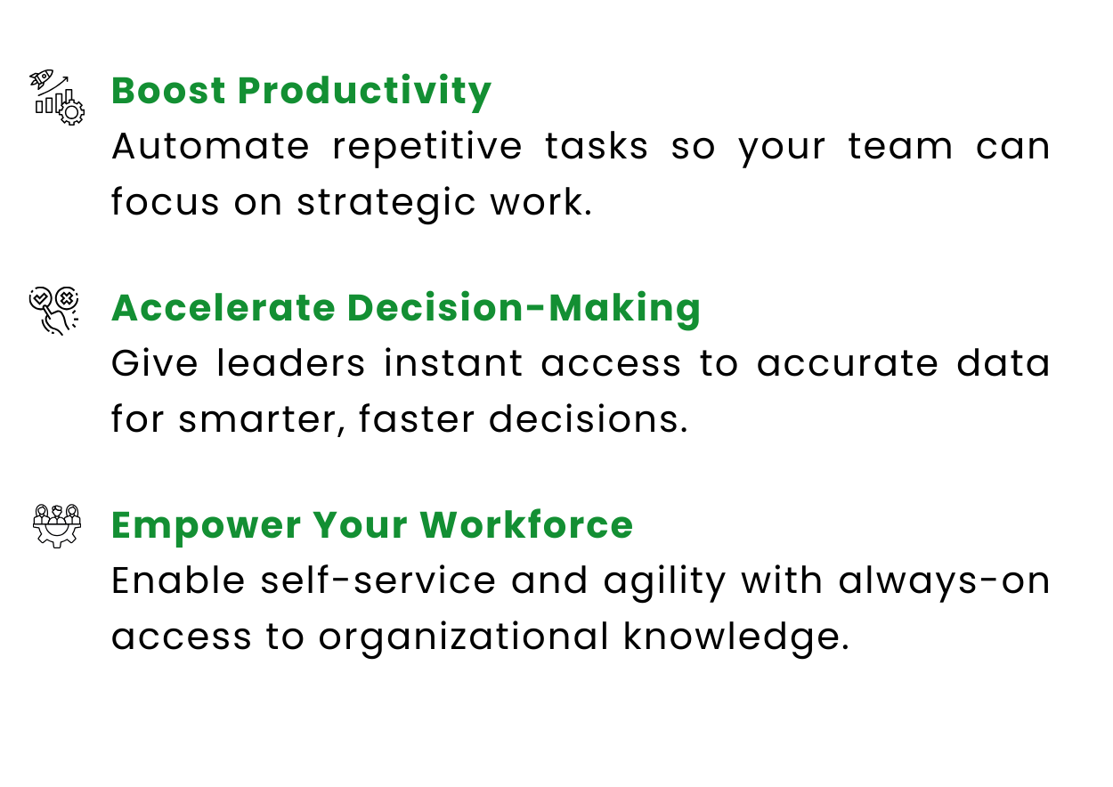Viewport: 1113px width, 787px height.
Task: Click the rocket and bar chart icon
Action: pyautogui.click(x=57, y=97)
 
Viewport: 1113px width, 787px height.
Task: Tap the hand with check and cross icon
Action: pyautogui.click(x=53, y=311)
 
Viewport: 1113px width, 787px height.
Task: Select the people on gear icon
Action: pyautogui.click(x=57, y=526)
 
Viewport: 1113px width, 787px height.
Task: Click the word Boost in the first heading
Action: pyautogui.click(x=169, y=91)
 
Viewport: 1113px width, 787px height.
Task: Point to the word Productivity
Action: pyautogui.click(x=365, y=93)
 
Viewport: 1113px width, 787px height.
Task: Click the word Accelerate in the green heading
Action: pyautogui.click(x=223, y=308)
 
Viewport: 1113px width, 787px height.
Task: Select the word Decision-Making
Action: pyautogui.click(x=524, y=311)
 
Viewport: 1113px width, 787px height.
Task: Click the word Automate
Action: pyautogui.click(x=211, y=147)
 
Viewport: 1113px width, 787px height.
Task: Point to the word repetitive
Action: pyautogui.click(x=427, y=148)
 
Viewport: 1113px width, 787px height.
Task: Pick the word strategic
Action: pyautogui.click(x=386, y=204)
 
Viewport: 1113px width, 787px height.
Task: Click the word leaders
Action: pyautogui.click(x=291, y=363)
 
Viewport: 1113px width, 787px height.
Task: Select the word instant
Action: pyautogui.click(x=453, y=363)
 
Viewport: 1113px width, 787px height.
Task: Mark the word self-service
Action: pyautogui.click(x=378, y=580)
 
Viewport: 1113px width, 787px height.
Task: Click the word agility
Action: pyautogui.click(x=665, y=582)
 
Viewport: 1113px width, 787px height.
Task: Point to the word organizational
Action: pyautogui.click(x=464, y=638)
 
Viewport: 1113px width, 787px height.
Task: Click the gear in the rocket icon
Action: pyautogui.click(x=71, y=112)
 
